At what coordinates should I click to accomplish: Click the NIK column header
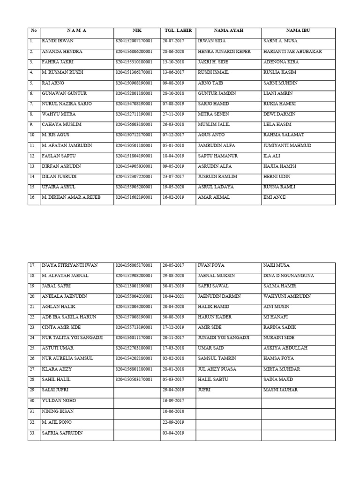pyautogui.click(x=137, y=30)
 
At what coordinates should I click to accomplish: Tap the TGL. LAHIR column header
pyautogui.click(x=178, y=30)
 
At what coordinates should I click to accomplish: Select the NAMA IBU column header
pyautogui.click(x=298, y=30)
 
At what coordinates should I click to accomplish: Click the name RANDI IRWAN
pyautogui.click(x=58, y=41)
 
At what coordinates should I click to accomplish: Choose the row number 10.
pyautogui.click(x=32, y=135)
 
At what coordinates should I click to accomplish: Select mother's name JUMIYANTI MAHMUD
pyautogui.click(x=287, y=145)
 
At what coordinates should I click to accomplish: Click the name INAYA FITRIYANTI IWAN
pyautogui.click(x=70, y=265)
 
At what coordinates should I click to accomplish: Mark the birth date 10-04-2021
pyautogui.click(x=173, y=296)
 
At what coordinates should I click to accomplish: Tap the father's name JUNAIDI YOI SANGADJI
pyautogui.click(x=224, y=337)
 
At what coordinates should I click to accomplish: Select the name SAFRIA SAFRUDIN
pyautogui.click(x=62, y=433)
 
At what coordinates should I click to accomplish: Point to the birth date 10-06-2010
pyautogui.click(x=173, y=411)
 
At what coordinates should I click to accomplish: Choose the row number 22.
pyautogui.click(x=32, y=317)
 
